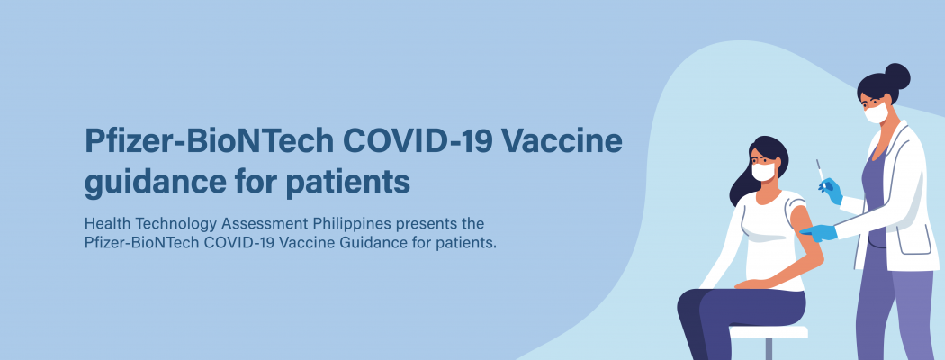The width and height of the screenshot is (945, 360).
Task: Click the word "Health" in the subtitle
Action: (x=109, y=224)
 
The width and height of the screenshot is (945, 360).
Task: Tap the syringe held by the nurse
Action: (x=820, y=171)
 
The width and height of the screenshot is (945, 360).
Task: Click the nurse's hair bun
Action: (x=897, y=76)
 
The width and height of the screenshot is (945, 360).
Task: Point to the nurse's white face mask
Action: (x=877, y=113)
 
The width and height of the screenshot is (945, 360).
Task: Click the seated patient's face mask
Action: (x=763, y=171)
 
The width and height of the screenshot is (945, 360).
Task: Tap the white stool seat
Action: (x=769, y=332)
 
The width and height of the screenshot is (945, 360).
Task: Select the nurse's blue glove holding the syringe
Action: (x=832, y=191)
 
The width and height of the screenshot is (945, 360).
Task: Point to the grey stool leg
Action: (x=769, y=348)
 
